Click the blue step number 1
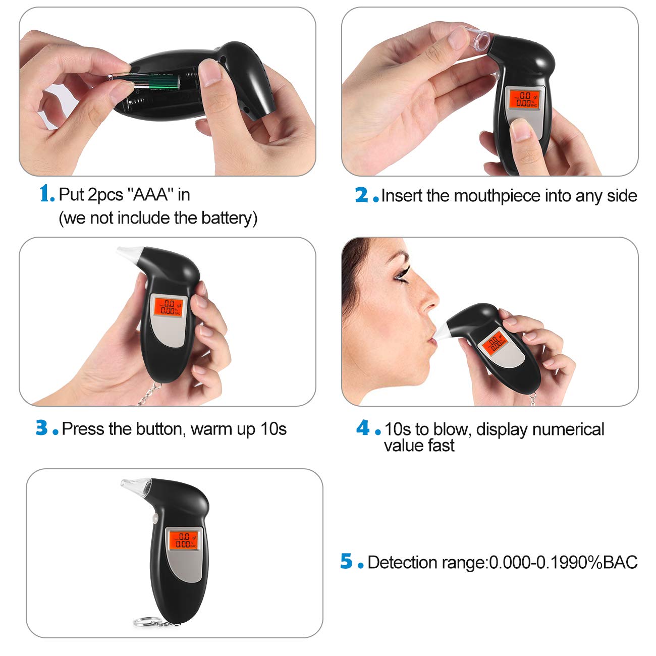point(46,193)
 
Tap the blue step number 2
point(362,195)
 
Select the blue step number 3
point(42,428)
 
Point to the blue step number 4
point(363,428)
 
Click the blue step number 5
point(346,561)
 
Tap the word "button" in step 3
point(155,429)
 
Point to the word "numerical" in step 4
point(568,429)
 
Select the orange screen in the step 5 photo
point(183,540)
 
